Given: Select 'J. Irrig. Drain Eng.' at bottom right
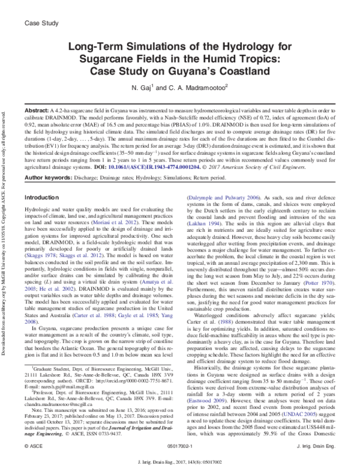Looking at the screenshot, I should point(320,447).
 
